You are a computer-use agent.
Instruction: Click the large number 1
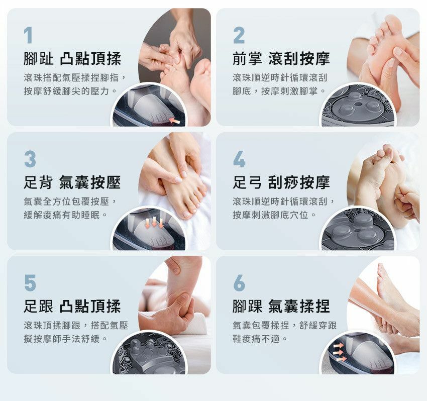pos(28,35)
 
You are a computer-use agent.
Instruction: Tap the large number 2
pos(239,35)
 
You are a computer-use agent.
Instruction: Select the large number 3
pos(30,159)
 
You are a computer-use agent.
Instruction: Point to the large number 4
pos(239,159)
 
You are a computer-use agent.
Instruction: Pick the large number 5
pos(30,283)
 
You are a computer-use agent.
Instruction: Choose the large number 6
pos(239,283)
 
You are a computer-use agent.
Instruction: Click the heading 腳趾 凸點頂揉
pos(72,59)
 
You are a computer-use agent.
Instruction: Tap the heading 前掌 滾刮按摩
pos(281,59)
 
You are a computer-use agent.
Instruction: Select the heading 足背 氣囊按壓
pos(72,182)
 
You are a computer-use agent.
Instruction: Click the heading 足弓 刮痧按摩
pos(281,182)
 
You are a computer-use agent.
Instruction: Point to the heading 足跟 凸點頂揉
pos(72,306)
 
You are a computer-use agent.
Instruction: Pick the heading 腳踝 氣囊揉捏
pos(281,306)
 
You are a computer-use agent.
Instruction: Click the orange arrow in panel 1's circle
pos(174,121)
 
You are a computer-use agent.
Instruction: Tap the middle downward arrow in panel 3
pos(154,222)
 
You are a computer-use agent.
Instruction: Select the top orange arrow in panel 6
pos(339,346)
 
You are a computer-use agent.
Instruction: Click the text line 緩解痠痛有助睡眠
pos(66,215)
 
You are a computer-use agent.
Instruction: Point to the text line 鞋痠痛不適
pos(260,339)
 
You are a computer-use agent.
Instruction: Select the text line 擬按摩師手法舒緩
pos(66,339)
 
